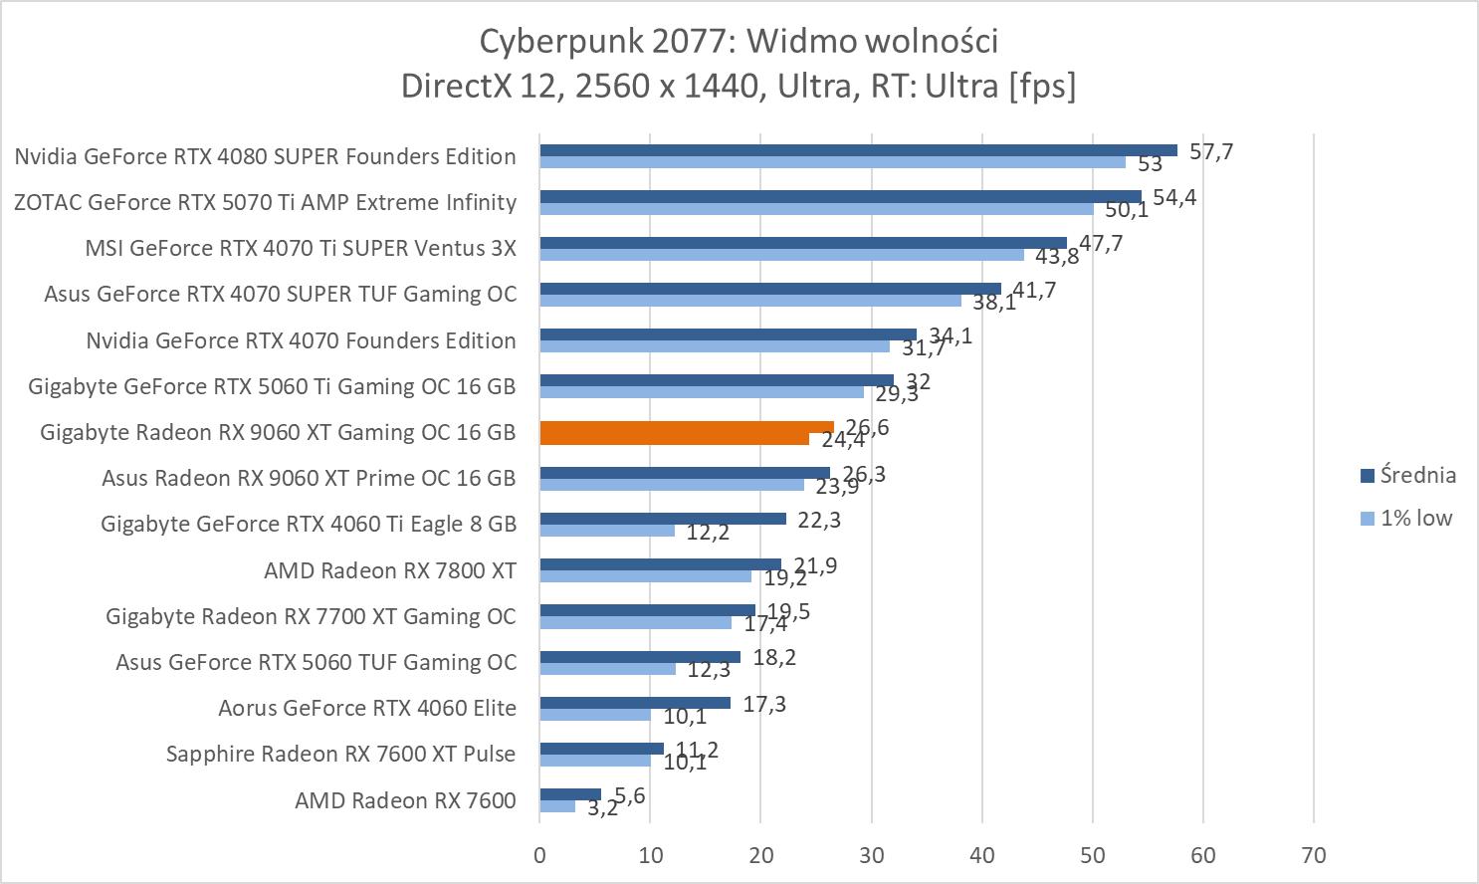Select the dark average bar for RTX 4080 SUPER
click(858, 150)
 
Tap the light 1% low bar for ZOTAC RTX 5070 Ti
click(816, 208)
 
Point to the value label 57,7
click(1211, 151)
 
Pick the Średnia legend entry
click(1417, 475)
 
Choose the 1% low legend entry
click(1415, 518)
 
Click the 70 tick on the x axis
click(1314, 855)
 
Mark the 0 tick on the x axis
click(539, 855)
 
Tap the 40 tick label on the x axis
click(982, 855)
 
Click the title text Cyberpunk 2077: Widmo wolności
click(739, 41)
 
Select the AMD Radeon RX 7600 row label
click(405, 800)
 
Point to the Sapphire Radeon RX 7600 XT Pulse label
click(340, 754)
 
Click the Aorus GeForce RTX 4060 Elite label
click(367, 708)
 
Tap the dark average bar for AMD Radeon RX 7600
click(570, 794)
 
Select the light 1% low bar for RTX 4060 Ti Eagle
click(607, 530)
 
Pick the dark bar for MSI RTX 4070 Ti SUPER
click(803, 243)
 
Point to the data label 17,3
click(764, 704)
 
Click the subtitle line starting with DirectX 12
click(739, 86)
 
